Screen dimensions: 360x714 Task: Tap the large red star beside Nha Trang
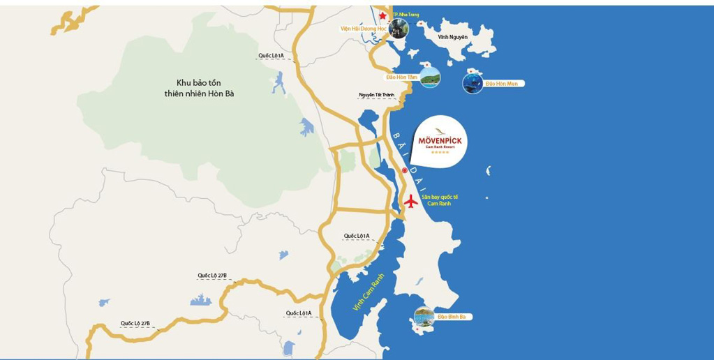(382, 15)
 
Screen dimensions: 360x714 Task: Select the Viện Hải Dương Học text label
(364, 29)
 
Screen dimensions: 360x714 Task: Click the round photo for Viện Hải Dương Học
(399, 29)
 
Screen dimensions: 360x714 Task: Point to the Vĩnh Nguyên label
(452, 37)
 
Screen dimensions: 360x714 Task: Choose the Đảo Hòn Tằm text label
(401, 77)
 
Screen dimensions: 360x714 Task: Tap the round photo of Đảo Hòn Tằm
(431, 77)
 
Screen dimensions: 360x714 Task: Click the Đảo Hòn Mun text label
(502, 84)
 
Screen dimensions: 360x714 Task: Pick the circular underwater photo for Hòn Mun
(473, 84)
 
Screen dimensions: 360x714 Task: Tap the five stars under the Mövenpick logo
(440, 152)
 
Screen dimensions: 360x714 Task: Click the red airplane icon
(410, 201)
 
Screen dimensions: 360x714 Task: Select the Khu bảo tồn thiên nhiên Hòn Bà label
(199, 87)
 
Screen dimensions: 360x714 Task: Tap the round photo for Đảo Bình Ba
(424, 317)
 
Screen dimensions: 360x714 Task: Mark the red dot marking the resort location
(404, 170)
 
